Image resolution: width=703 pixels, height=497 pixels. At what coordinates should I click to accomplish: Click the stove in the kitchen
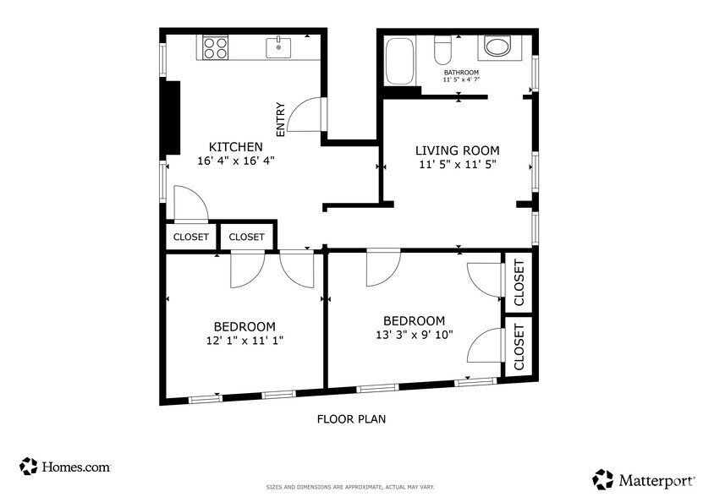[x=216, y=46]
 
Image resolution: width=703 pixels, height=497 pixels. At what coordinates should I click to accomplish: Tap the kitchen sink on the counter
[x=279, y=47]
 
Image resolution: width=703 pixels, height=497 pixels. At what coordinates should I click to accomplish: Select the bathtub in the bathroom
[x=399, y=60]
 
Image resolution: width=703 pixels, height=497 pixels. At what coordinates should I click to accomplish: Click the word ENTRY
[x=280, y=120]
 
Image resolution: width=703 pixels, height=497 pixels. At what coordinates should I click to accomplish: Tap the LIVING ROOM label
[x=458, y=150]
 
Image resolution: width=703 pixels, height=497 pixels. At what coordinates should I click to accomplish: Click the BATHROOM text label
[x=461, y=73]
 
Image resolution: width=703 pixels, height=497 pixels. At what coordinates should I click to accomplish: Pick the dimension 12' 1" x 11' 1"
[x=244, y=341]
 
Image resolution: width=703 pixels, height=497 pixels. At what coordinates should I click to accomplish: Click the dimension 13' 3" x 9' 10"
[x=414, y=334]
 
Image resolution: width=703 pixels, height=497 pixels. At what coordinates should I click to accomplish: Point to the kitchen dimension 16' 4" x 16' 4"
[x=236, y=161]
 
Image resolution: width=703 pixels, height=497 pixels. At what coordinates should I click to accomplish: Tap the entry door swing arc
[x=303, y=117]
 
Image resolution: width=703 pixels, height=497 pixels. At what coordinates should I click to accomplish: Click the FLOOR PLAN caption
[x=351, y=418]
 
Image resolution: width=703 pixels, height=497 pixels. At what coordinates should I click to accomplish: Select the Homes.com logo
[x=65, y=466]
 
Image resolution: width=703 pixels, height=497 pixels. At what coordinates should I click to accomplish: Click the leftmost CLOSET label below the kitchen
[x=190, y=238]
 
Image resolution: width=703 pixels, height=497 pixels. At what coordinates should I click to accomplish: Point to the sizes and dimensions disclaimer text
[x=350, y=487]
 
